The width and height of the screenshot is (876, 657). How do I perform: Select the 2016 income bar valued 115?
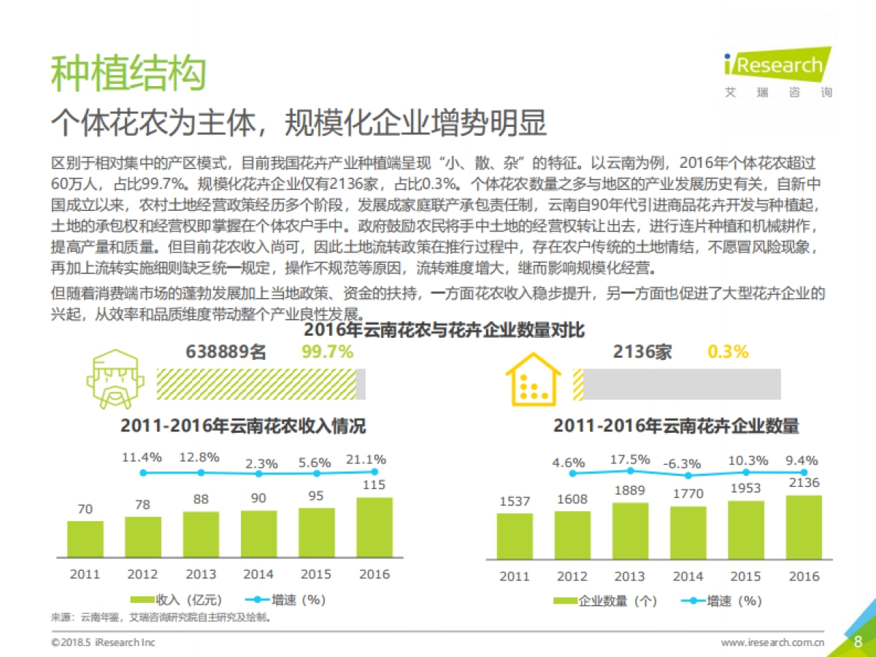pos(374,527)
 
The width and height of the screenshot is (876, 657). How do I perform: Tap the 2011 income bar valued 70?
pos(85,539)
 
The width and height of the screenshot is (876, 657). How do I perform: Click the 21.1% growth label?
pos(366,459)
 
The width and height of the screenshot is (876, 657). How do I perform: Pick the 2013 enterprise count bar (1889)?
pos(630,531)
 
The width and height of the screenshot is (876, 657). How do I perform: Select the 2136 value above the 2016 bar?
pos(804,483)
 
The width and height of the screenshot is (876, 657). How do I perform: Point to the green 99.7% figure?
pos(327,352)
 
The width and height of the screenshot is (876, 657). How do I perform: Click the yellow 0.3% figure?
pos(728,352)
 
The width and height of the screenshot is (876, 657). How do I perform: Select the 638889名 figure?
pos(226,352)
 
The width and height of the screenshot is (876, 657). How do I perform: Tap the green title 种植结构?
pos(128,73)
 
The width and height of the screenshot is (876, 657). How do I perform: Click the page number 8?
pos(858,642)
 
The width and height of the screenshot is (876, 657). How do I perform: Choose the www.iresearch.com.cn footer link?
pos(772,642)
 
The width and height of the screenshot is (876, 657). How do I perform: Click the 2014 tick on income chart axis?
pos(258,574)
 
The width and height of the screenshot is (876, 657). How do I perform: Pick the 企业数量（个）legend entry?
pos(605,602)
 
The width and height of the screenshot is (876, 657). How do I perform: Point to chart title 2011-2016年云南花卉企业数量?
pos(676,426)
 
